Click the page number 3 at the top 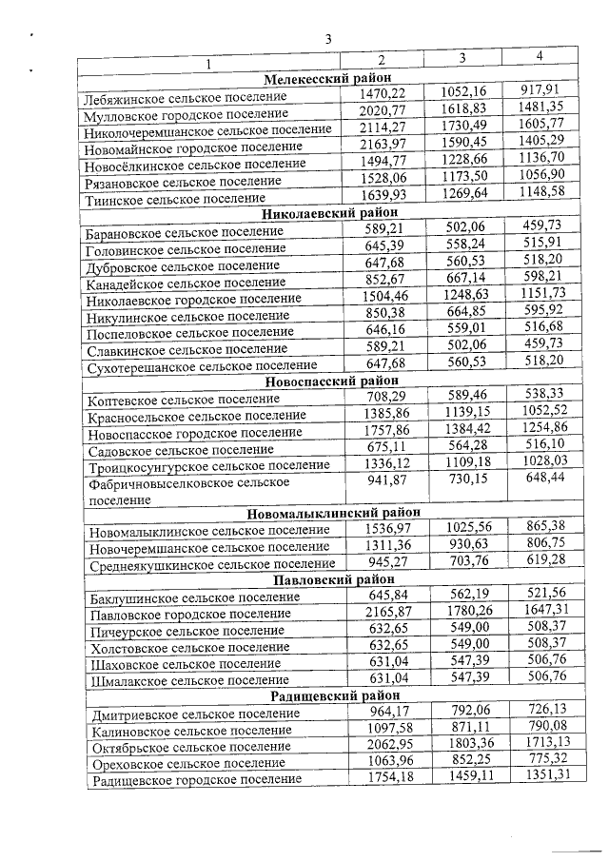326,39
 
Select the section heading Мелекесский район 326,79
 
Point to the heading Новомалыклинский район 326,515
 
